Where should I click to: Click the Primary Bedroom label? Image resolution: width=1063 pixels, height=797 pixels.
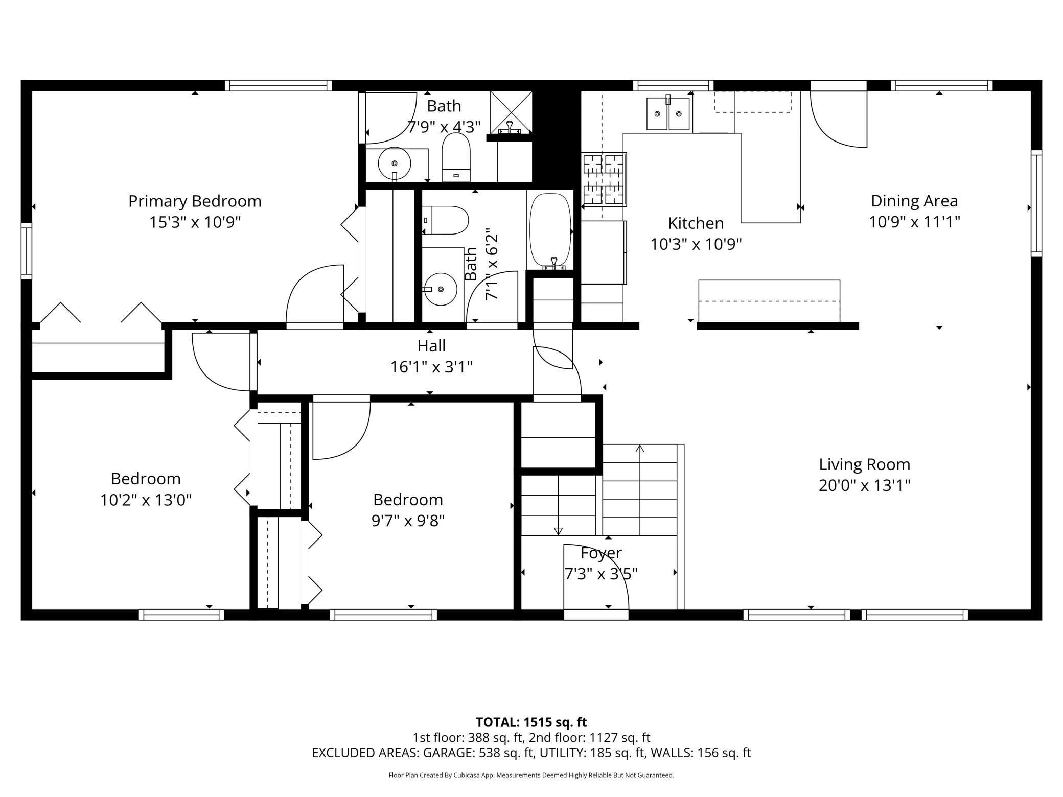pyautogui.click(x=195, y=201)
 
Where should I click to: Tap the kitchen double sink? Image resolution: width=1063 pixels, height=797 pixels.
pyautogui.click(x=668, y=113)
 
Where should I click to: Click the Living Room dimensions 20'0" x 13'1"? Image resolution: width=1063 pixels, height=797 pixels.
pyautogui.click(x=864, y=485)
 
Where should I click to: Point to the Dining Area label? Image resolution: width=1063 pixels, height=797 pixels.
pyautogui.click(x=914, y=201)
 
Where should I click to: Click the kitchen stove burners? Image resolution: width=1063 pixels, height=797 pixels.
pyautogui.click(x=604, y=179)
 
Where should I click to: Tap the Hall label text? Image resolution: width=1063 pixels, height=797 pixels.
pyautogui.click(x=431, y=346)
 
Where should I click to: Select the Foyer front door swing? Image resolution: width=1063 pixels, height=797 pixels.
pyautogui.click(x=596, y=577)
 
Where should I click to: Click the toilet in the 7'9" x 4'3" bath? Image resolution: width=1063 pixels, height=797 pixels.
pyautogui.click(x=456, y=157)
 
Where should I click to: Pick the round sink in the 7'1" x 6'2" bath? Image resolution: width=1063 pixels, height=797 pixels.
pyautogui.click(x=440, y=289)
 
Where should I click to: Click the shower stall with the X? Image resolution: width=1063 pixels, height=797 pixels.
pyautogui.click(x=511, y=113)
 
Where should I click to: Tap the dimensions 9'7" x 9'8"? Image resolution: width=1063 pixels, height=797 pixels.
pyautogui.click(x=408, y=521)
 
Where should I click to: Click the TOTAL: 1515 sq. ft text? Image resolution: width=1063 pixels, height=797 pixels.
pyautogui.click(x=531, y=722)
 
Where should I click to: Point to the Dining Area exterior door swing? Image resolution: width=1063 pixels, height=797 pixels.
pyautogui.click(x=839, y=119)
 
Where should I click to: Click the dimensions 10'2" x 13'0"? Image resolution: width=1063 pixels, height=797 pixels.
pyautogui.click(x=146, y=500)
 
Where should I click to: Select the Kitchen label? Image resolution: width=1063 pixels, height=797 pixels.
pyautogui.click(x=696, y=223)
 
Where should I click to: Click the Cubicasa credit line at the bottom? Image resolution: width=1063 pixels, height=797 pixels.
pyautogui.click(x=531, y=775)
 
